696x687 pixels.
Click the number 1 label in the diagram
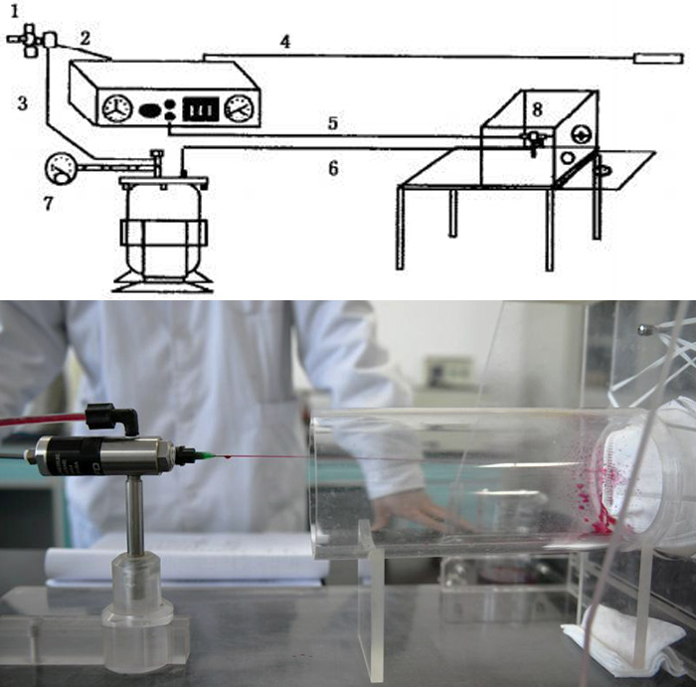click(x=15, y=11)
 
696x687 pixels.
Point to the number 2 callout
click(x=86, y=38)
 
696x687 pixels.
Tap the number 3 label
click(x=22, y=103)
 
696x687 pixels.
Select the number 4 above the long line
click(x=285, y=42)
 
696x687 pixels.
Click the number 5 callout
click(x=333, y=123)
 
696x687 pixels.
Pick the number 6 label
click(x=333, y=168)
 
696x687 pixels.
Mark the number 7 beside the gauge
click(x=48, y=203)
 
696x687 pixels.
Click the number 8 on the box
click(x=537, y=109)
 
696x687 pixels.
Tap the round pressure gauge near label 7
click(x=61, y=168)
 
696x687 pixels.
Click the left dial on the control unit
click(x=117, y=107)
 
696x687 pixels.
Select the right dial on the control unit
click(x=240, y=107)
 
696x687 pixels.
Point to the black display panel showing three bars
click(x=201, y=108)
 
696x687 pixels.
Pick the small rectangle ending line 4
click(x=658, y=59)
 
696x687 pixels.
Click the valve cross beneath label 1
click(x=28, y=40)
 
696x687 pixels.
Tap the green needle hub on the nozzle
click(x=204, y=455)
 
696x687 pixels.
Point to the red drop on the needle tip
click(x=228, y=456)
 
